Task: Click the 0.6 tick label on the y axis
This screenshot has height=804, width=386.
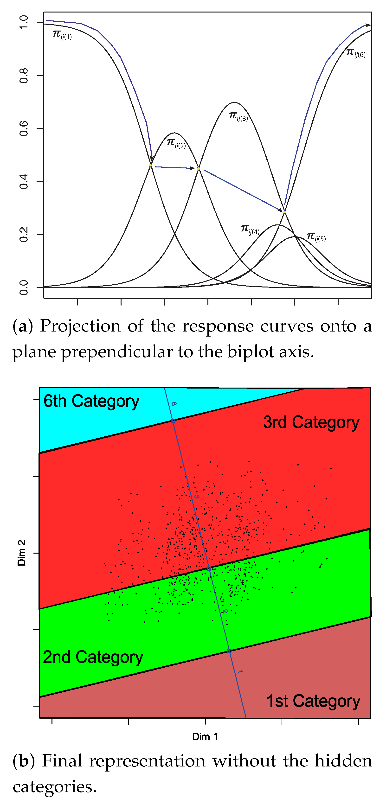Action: (x=23, y=129)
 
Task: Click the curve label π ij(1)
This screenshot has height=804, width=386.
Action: (x=62, y=35)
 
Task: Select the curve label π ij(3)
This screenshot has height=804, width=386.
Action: (x=238, y=116)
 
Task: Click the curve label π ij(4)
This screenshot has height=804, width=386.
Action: (x=250, y=230)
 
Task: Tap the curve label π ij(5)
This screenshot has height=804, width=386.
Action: (x=316, y=237)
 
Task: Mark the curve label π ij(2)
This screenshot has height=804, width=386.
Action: (x=176, y=144)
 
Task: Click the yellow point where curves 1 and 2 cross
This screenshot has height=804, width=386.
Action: (x=150, y=165)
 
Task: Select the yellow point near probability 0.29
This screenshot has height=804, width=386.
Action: (x=284, y=212)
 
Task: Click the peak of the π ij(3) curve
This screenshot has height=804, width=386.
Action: (x=234, y=102)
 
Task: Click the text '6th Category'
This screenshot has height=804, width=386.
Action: (x=91, y=401)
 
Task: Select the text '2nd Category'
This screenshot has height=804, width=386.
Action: (x=93, y=657)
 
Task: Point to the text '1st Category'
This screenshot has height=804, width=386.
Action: (x=313, y=701)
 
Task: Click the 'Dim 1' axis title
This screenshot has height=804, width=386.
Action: (x=205, y=737)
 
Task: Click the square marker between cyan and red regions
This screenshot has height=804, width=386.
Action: (x=173, y=421)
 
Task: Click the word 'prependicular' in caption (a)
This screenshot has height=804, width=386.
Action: (x=116, y=352)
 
